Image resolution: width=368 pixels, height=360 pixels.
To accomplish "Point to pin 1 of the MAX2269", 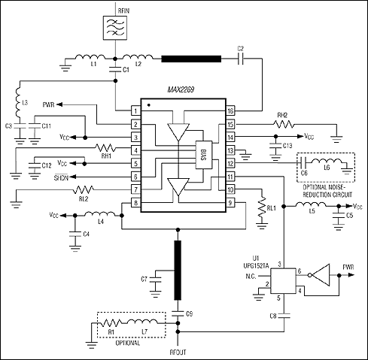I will point(135,110).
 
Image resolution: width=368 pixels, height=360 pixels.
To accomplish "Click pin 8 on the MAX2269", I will point(135,203).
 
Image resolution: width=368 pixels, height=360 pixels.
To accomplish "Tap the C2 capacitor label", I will point(241,49).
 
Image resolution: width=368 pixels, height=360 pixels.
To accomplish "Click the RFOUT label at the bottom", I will point(178,350).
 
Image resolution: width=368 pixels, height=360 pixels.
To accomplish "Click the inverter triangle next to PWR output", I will point(322,276).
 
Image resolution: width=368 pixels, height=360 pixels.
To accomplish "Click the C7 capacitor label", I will point(143,280).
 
